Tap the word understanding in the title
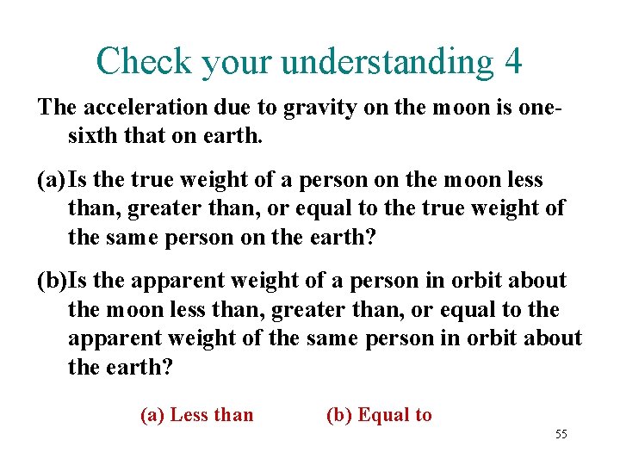(387, 62)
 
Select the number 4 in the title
(513, 60)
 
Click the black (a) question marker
(52, 180)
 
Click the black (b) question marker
(52, 281)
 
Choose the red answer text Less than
(212, 415)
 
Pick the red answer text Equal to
(394, 415)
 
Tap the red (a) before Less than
(152, 415)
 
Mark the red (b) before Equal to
(339, 415)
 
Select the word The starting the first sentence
(57, 108)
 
